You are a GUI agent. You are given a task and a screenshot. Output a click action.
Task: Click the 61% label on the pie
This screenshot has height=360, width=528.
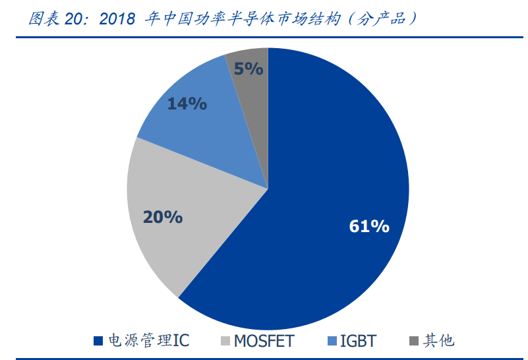(369, 227)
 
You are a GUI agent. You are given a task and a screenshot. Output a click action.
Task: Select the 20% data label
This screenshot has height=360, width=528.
(162, 217)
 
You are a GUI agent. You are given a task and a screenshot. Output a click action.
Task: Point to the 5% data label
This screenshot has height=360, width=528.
(249, 69)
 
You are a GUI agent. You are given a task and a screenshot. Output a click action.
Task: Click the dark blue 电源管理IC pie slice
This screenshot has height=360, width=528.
(330, 165)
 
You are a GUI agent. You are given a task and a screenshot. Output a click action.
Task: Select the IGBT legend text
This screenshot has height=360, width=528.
(358, 341)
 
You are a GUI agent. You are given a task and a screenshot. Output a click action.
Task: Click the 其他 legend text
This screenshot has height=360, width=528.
(439, 341)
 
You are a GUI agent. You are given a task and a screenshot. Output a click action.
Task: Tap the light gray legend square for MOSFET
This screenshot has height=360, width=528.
(225, 342)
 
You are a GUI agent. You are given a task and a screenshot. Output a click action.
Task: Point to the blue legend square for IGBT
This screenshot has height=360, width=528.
(333, 342)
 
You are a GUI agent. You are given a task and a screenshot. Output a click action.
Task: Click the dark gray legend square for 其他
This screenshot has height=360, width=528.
(414, 342)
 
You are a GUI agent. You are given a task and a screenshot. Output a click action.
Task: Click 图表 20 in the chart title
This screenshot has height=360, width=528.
(58, 18)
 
